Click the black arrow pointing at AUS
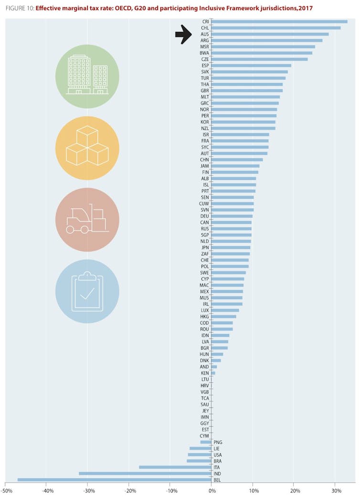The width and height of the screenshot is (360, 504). (183, 34)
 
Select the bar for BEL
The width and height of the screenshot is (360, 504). (115, 479)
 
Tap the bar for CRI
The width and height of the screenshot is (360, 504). (279, 21)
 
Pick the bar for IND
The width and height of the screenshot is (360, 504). (145, 473)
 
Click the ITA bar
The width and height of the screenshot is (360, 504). (175, 467)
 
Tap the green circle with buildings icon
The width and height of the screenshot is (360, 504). (87, 76)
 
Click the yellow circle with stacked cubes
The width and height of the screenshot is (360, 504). (87, 148)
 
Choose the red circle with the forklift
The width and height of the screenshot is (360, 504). (87, 220)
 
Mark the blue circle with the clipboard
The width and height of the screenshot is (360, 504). (87, 291)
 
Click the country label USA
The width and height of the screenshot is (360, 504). (218, 454)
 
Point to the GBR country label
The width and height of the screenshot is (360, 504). (205, 90)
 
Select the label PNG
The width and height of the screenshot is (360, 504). (218, 442)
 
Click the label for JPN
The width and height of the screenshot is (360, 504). (205, 247)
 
